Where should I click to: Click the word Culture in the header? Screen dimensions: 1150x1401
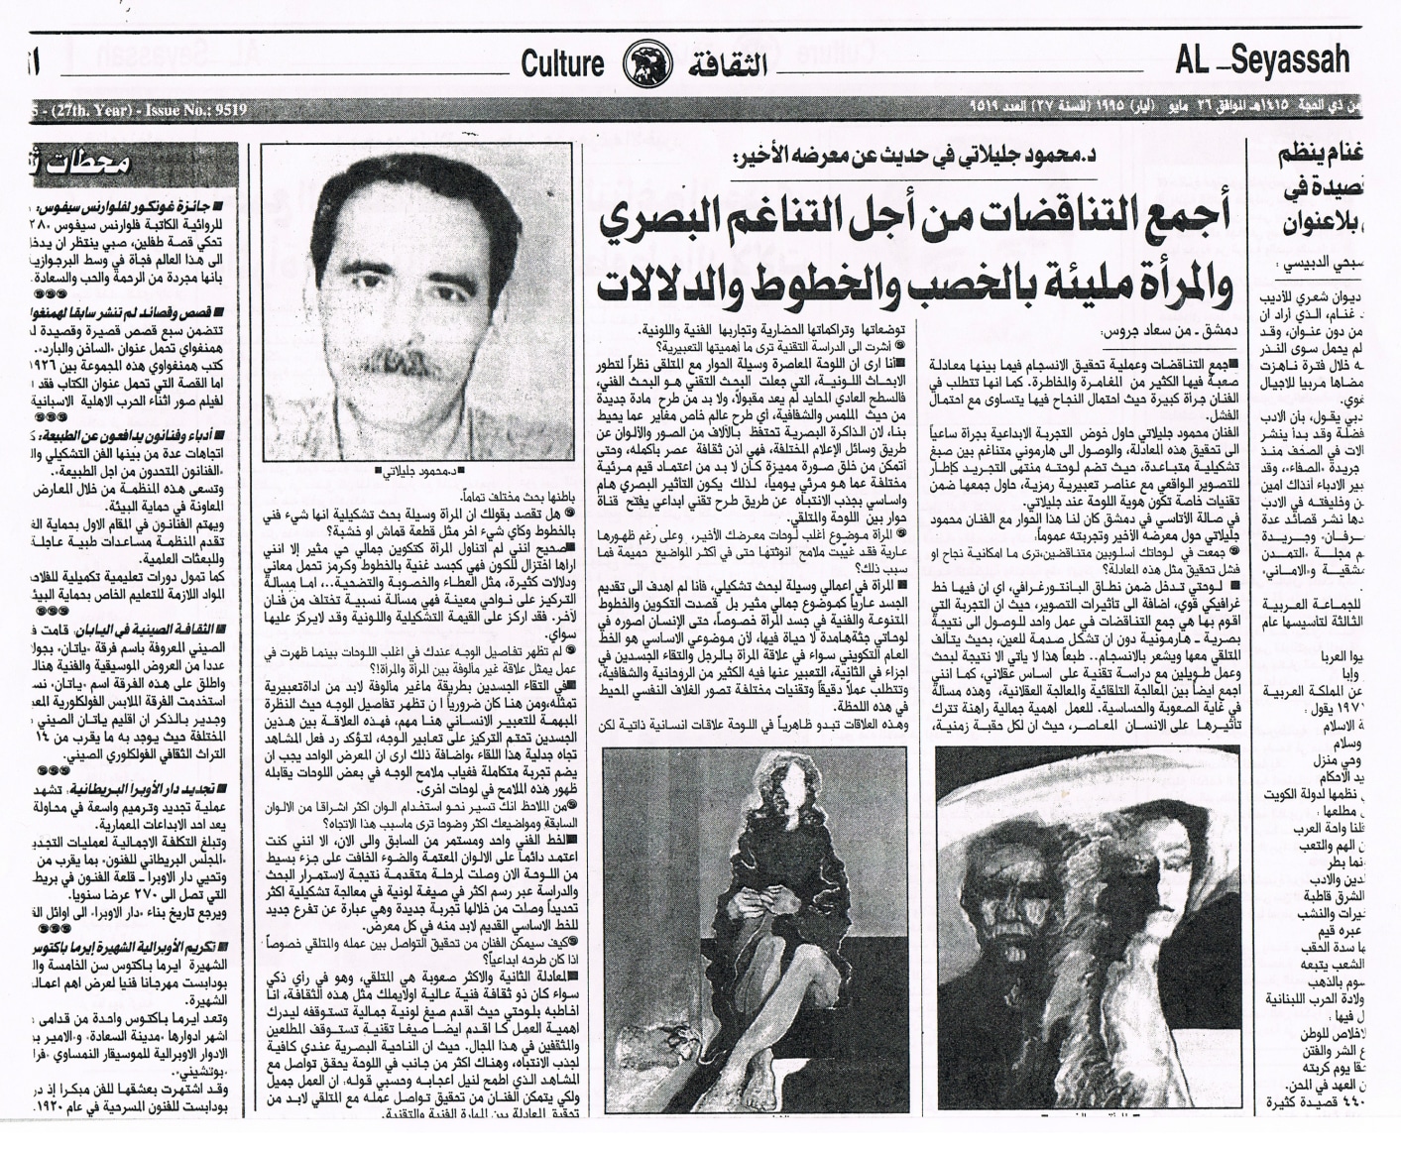562,64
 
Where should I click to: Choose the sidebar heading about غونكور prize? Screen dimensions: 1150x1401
155,210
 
